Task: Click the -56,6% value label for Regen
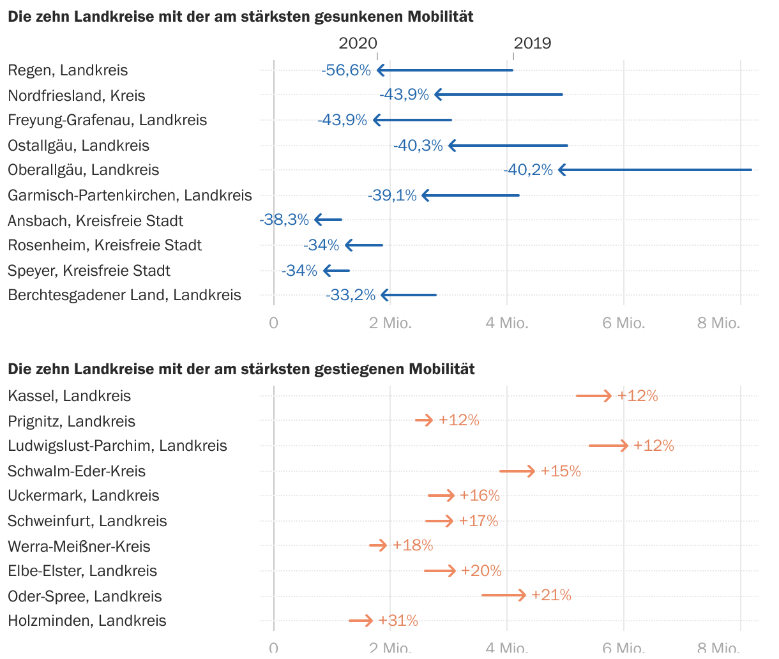point(346,70)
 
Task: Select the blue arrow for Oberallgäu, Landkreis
point(654,170)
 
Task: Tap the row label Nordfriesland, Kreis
point(77,96)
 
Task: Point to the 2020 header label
point(358,43)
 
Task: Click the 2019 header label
point(533,43)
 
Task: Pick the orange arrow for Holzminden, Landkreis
point(361,620)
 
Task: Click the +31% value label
point(398,620)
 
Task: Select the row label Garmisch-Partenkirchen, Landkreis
point(130,195)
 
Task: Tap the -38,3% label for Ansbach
point(284,220)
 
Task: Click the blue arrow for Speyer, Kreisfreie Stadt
point(337,271)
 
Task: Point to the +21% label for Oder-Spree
point(551,595)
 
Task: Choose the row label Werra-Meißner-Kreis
point(79,547)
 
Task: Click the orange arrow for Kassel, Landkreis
point(594,396)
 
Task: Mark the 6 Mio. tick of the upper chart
point(624,323)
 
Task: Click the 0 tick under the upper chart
point(274,323)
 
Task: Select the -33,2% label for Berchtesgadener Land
point(351,295)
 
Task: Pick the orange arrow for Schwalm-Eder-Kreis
point(517,471)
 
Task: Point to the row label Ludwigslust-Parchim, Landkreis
point(117,446)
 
